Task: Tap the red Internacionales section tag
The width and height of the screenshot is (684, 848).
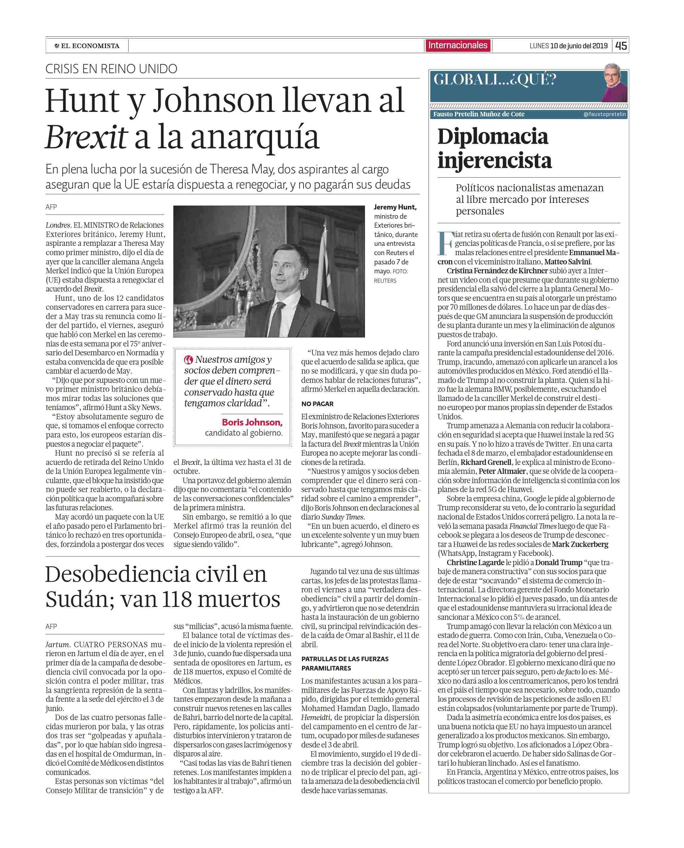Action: (458, 45)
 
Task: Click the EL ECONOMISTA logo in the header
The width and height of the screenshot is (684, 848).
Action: (87, 46)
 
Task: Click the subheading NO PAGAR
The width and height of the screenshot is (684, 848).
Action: (317, 404)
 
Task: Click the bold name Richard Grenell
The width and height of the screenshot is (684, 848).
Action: (486, 462)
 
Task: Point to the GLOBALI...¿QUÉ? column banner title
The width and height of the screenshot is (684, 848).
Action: (494, 80)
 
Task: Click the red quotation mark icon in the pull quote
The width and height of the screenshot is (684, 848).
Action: (188, 359)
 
